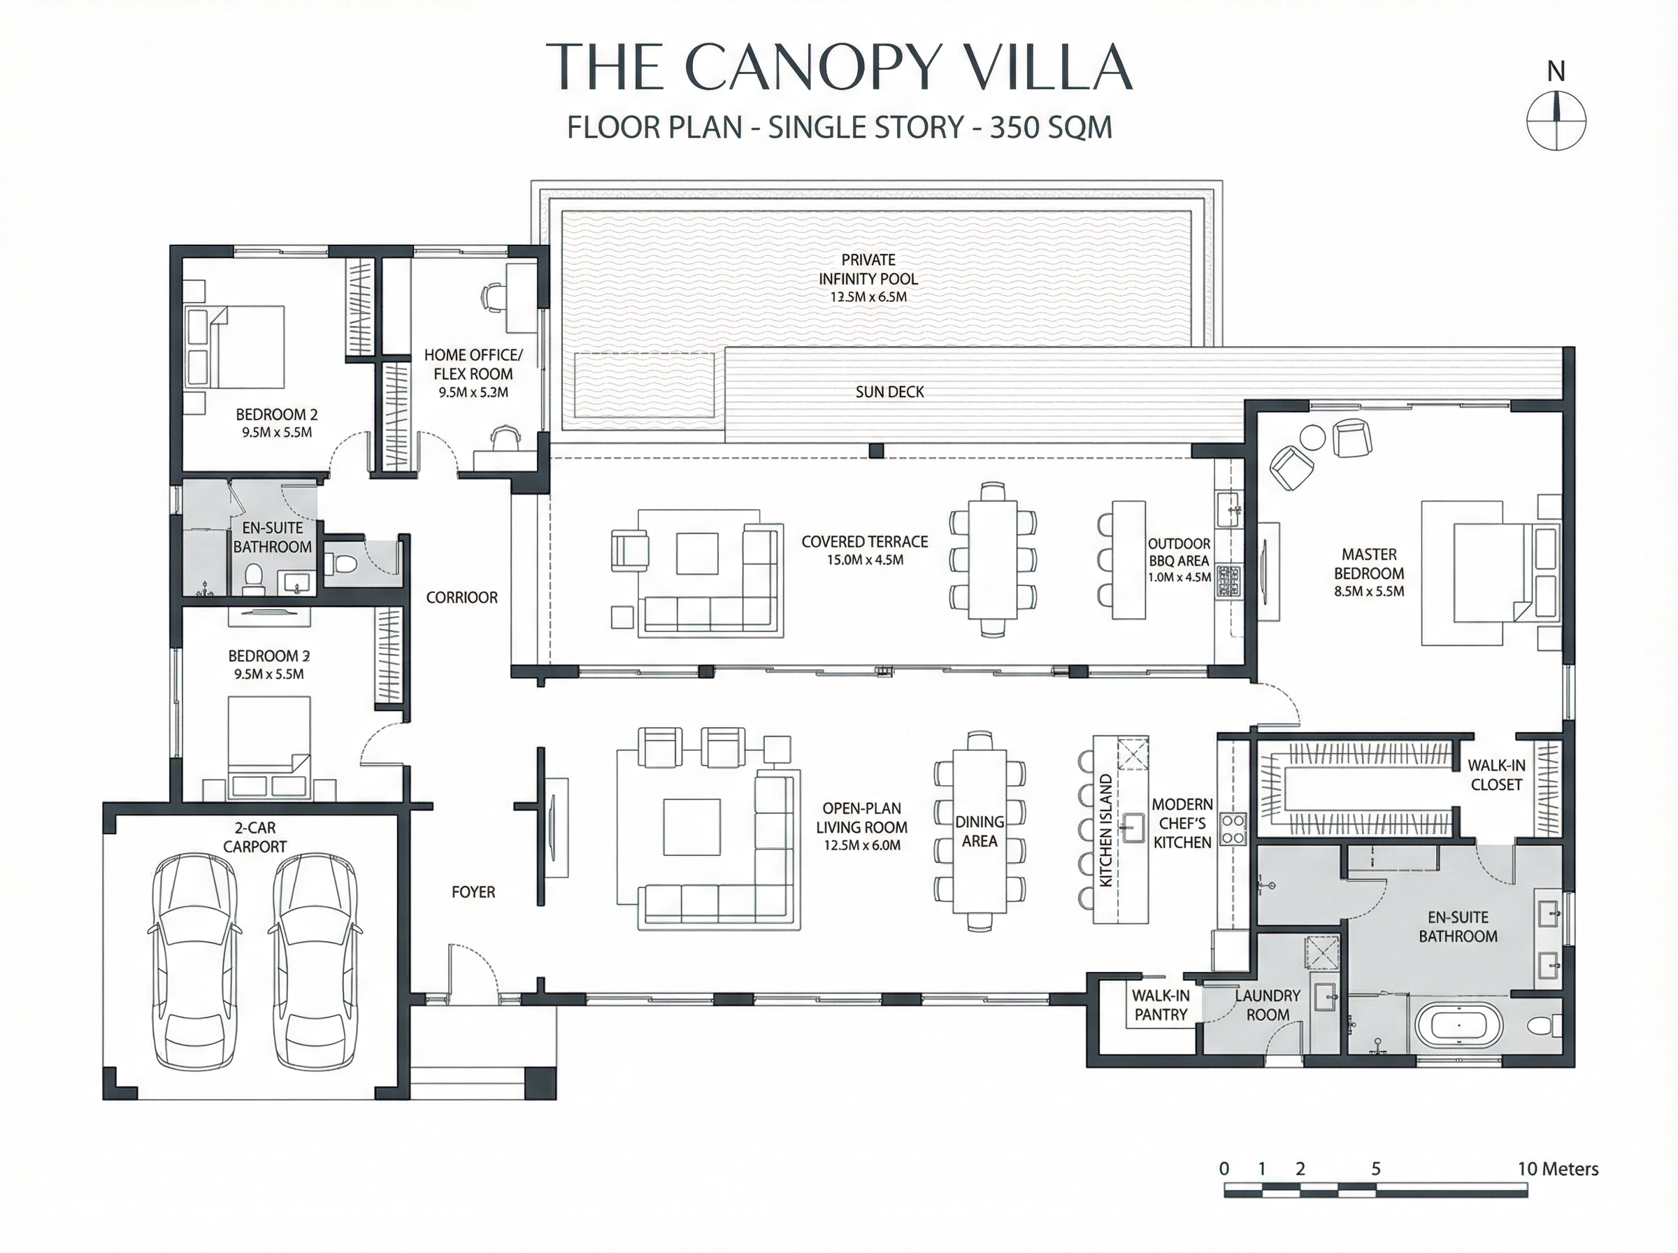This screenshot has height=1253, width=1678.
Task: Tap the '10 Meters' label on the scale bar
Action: tap(1558, 1169)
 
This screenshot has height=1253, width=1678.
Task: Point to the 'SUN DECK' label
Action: tap(889, 392)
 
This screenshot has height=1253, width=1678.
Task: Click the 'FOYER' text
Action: tap(473, 892)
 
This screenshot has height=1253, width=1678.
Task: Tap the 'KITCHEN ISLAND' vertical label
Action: tap(1105, 831)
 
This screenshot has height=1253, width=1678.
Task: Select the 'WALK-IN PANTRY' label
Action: tap(1160, 1005)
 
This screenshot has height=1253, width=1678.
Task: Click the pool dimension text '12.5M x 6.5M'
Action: tap(868, 297)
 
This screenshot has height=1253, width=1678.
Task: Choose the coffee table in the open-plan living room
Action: tap(691, 826)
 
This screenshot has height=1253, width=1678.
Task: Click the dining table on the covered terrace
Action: tap(993, 560)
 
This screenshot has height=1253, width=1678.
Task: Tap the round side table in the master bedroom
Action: tap(1312, 438)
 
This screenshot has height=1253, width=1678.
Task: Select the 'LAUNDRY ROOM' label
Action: tap(1267, 1005)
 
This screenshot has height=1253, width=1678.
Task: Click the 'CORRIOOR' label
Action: tap(461, 598)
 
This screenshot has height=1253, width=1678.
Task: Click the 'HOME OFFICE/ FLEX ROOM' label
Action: tap(473, 365)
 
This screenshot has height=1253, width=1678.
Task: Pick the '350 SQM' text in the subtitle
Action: tap(1051, 127)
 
